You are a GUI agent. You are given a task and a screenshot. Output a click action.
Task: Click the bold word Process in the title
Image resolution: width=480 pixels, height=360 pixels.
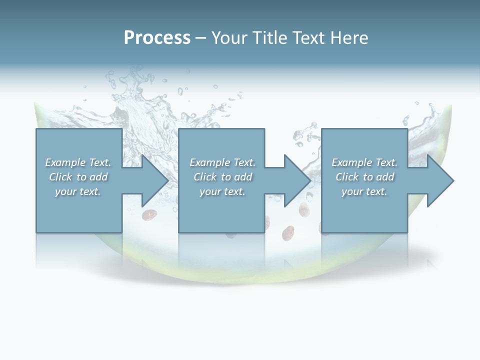157,37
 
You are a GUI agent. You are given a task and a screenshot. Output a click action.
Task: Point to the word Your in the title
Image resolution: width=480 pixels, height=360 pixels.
231,37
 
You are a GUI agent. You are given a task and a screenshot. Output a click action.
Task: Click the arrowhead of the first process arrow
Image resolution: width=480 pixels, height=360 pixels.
155,180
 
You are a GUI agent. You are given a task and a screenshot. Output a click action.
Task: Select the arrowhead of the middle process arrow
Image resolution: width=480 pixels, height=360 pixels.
297,180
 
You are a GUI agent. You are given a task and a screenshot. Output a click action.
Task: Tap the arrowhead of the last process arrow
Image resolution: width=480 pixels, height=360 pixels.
440,180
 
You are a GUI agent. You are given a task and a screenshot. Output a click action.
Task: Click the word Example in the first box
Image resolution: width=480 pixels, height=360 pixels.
64,162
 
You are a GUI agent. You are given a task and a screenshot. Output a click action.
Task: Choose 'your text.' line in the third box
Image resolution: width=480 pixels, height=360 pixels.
364,191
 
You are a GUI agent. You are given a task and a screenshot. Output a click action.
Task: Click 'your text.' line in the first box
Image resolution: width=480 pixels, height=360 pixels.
77,191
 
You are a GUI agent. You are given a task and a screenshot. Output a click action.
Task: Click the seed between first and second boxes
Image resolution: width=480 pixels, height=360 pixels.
148,215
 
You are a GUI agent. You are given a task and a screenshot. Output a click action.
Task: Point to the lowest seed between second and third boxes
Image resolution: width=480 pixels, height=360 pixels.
287,233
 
